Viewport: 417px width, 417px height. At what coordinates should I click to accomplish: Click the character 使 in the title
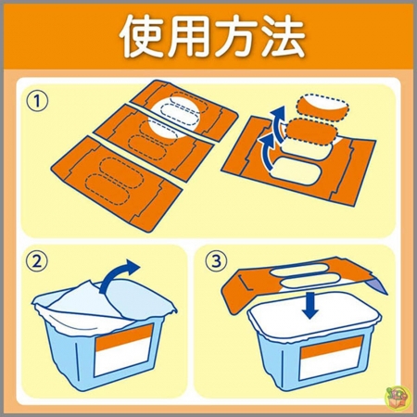pyautogui.click(x=143, y=36)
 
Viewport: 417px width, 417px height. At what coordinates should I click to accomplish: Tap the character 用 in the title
pyautogui.click(x=188, y=36)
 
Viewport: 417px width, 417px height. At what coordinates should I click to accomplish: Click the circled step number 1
pyautogui.click(x=37, y=102)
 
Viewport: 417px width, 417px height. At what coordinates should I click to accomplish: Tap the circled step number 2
pyautogui.click(x=37, y=261)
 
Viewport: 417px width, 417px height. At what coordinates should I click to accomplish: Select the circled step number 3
pyautogui.click(x=216, y=261)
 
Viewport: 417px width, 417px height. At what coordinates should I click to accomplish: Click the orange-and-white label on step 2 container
pyautogui.click(x=124, y=350)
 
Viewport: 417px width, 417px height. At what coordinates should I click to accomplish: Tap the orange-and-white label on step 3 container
pyautogui.click(x=332, y=359)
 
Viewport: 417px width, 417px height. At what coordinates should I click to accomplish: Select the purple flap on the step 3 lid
pyautogui.click(x=376, y=285)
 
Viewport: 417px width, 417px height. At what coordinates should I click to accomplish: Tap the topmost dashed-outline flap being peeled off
pyautogui.click(x=322, y=107)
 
